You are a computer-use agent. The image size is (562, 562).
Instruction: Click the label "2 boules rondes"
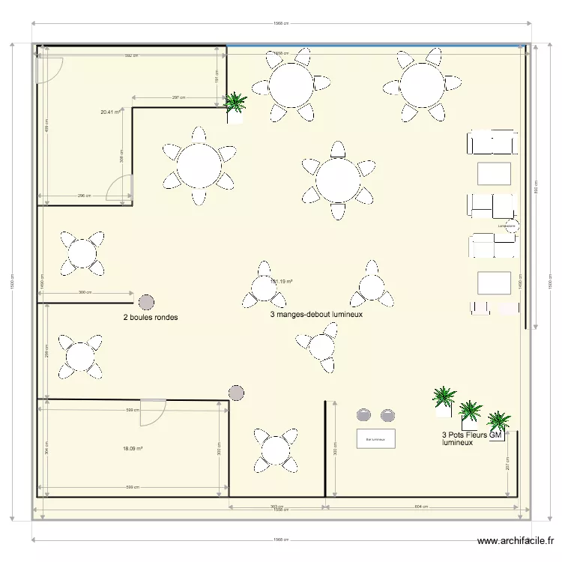coord(151,317)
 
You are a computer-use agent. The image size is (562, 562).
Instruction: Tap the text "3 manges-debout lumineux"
coord(316,315)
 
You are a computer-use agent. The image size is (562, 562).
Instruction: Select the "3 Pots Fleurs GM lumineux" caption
coord(471,438)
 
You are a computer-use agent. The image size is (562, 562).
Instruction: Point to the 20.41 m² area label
coord(111,112)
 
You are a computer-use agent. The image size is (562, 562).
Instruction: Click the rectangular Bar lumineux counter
coord(375,438)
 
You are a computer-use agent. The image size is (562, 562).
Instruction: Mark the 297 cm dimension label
coord(178,97)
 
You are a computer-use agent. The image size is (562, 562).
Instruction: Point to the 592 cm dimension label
coord(132,55)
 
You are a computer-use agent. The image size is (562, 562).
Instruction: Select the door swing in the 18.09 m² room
coord(154,412)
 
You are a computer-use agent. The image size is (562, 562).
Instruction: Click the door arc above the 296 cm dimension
coord(118,190)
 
